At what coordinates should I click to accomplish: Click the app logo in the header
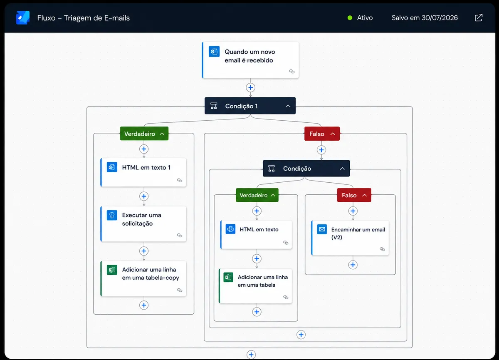pyautogui.click(x=23, y=17)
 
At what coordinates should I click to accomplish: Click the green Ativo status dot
pyautogui.click(x=350, y=18)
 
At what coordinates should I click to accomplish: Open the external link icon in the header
pyautogui.click(x=479, y=17)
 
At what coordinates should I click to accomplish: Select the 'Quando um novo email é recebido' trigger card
pyautogui.click(x=250, y=60)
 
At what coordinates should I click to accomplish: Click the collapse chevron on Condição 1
pyautogui.click(x=288, y=106)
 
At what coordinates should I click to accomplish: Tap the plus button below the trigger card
pyautogui.click(x=250, y=87)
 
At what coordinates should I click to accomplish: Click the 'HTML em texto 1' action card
pyautogui.click(x=143, y=172)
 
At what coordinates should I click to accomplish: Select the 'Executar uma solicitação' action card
pyautogui.click(x=143, y=224)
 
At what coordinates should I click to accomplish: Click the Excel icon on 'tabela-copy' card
pyautogui.click(x=112, y=270)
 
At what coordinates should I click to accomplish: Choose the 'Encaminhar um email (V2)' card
pyautogui.click(x=350, y=238)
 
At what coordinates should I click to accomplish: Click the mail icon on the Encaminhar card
pyautogui.click(x=322, y=229)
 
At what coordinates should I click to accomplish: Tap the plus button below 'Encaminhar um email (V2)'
pyautogui.click(x=353, y=265)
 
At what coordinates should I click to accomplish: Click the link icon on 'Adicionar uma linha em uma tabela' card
pyautogui.click(x=286, y=297)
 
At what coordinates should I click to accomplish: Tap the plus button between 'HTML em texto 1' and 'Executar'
pyautogui.click(x=144, y=196)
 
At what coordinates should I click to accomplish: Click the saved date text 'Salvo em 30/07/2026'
pyautogui.click(x=425, y=18)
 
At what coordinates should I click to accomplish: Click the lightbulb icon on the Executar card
pyautogui.click(x=112, y=215)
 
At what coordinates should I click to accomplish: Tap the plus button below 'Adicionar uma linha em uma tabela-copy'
pyautogui.click(x=144, y=305)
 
